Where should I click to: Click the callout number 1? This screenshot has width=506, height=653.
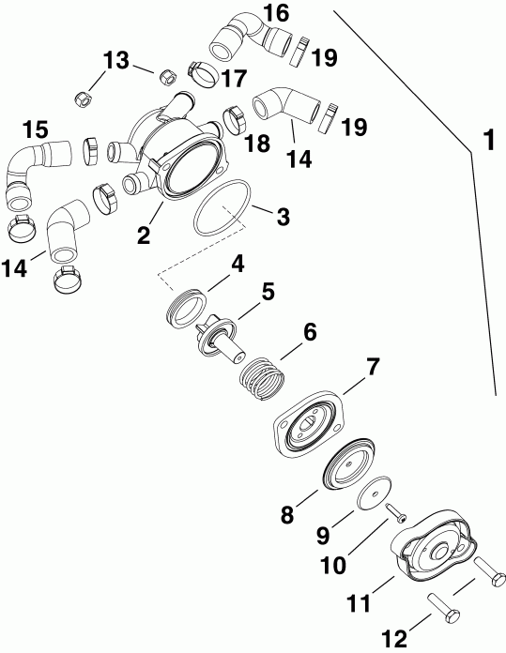[x=486, y=142]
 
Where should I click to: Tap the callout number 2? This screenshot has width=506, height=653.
[x=144, y=235]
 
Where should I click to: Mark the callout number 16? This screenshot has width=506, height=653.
[x=276, y=13]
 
